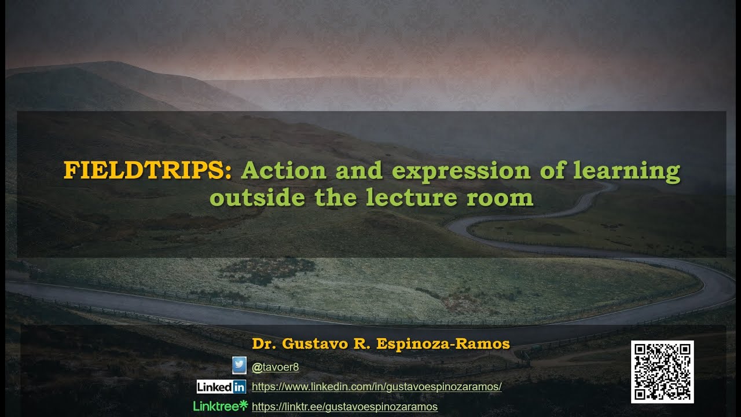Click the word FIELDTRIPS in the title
pos(147,171)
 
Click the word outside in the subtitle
pos(257,198)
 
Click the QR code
pos(662,372)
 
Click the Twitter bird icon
pos(239,365)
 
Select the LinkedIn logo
pos(221,386)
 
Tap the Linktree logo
pos(220,406)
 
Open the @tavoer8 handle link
pos(276,367)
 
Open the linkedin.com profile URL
pos(377,387)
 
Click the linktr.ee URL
pos(344,407)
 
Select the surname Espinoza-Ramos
pos(443,344)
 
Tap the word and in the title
pos(360,171)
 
